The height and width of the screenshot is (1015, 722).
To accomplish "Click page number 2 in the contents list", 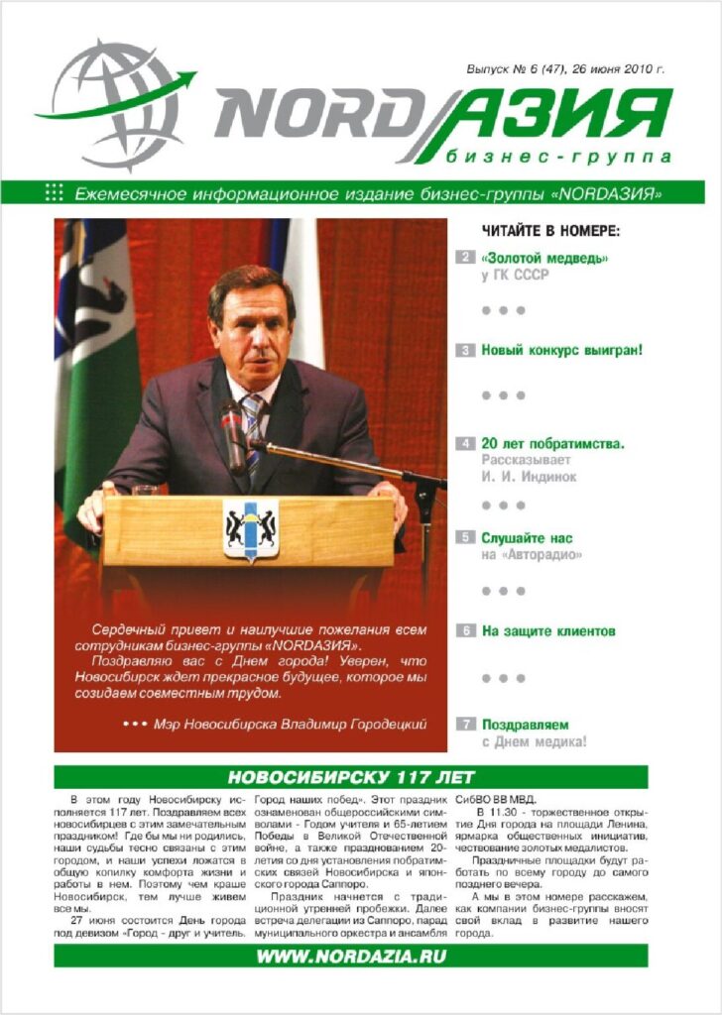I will pos(465,258).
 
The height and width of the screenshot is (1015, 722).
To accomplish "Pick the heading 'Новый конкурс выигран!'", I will pos(562,350).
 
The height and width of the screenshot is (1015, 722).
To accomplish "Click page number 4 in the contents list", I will pos(465,444).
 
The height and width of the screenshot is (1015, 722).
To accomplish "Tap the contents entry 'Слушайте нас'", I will pos(527,538).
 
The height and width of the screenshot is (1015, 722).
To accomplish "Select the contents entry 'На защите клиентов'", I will pos(548,630).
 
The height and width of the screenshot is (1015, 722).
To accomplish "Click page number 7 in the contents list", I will pos(465,725).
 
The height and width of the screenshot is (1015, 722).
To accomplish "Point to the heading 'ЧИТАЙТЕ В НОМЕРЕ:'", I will pos(550,231).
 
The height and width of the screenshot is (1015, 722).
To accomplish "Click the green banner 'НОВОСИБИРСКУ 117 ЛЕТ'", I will pos(351,776).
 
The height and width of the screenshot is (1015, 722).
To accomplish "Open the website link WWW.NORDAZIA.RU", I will pos(351,957).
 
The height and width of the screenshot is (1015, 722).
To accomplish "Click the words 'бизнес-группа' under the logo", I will pos(558,157).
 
